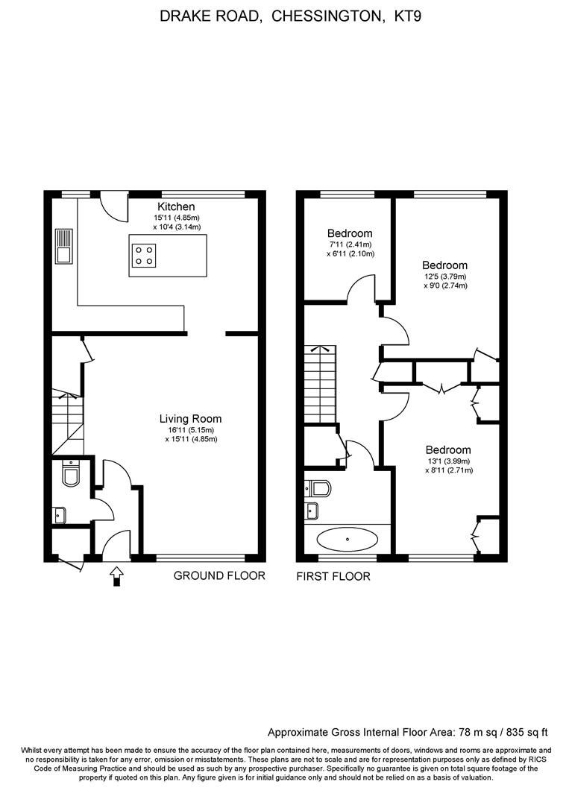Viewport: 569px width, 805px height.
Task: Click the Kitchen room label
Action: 176,206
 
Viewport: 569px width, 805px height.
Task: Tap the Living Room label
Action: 191,419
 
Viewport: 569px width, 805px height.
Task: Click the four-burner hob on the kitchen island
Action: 145,256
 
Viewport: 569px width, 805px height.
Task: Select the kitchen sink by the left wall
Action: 63,246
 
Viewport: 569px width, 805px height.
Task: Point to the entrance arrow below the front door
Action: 116,575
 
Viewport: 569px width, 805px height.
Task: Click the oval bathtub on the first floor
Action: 348,537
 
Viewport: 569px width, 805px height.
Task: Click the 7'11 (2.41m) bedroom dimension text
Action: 350,244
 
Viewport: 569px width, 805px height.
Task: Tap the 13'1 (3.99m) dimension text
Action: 449,461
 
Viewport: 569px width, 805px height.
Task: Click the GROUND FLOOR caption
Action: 219,575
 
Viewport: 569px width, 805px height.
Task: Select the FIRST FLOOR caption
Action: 333,576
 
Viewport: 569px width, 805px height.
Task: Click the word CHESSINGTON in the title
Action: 324,15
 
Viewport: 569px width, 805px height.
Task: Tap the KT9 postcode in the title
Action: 406,15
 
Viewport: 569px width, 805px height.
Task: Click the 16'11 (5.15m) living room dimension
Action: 191,430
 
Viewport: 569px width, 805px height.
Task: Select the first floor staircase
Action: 320,385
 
